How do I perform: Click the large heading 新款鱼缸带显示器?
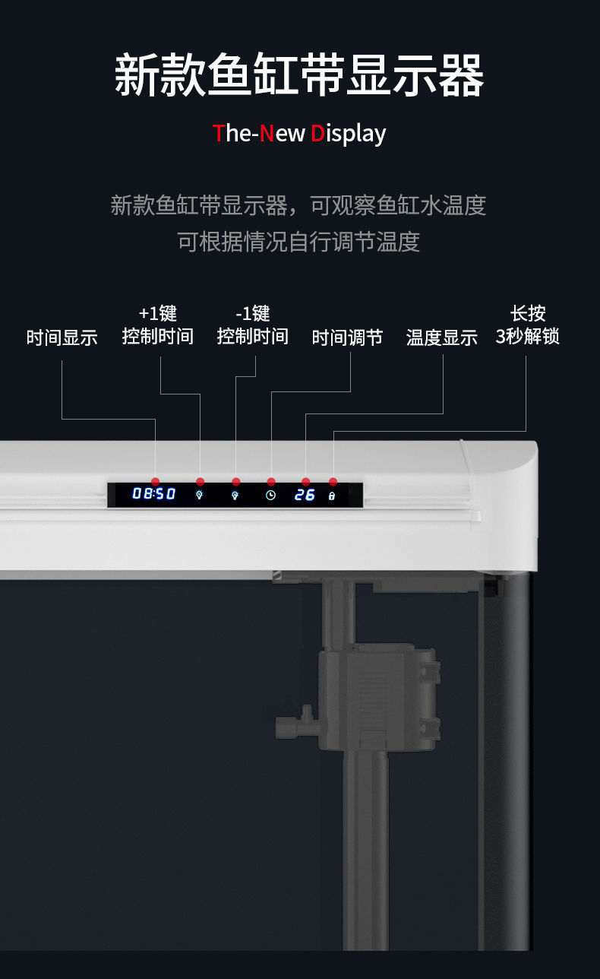click(x=299, y=76)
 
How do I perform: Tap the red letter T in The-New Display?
click(x=219, y=134)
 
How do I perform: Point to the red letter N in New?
click(x=267, y=134)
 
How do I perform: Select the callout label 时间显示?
click(x=62, y=338)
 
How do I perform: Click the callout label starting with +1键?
click(x=158, y=325)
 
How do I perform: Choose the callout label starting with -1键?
click(x=253, y=325)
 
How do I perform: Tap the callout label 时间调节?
click(x=347, y=338)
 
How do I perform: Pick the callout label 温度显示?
click(x=442, y=338)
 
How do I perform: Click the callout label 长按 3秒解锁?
click(x=528, y=325)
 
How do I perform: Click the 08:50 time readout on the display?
click(x=154, y=494)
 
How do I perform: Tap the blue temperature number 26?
click(x=305, y=495)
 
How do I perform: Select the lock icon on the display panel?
click(x=332, y=496)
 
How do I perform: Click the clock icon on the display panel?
click(x=271, y=495)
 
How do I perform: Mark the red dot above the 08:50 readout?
click(x=155, y=482)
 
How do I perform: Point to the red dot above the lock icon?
click(x=333, y=482)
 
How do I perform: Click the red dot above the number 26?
click(x=305, y=482)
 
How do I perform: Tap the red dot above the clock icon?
click(x=271, y=482)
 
